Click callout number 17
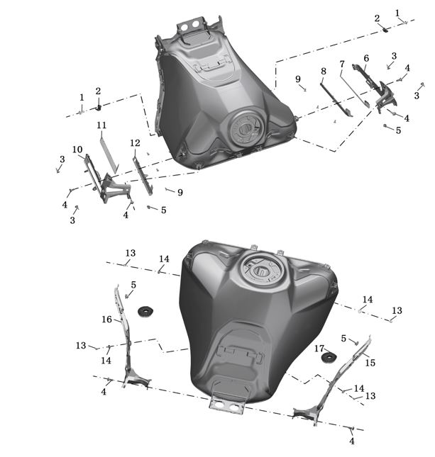click(319, 349)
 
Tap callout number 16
click(107, 320)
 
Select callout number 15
click(370, 363)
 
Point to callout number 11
click(101, 125)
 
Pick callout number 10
click(77, 149)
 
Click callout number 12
click(135, 143)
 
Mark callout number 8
click(323, 71)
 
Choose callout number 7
click(342, 64)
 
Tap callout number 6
click(366, 58)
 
